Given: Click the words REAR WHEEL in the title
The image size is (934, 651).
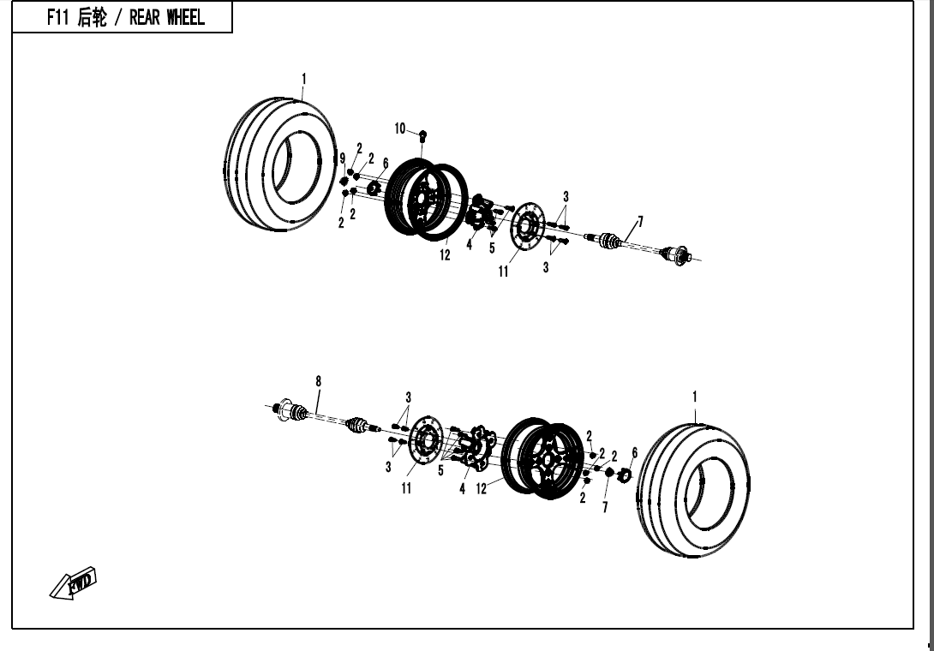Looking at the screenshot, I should pos(167,18).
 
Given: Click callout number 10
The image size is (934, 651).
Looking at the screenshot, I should pos(400,128).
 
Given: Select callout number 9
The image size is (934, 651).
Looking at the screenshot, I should pos(342,158).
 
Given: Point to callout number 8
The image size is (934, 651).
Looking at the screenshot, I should pos(319,381).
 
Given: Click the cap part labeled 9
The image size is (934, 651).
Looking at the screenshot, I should pos(344,181).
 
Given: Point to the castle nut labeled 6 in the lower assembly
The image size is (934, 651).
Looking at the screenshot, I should pos(623,475).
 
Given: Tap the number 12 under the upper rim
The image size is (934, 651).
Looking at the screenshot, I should pos(446,256).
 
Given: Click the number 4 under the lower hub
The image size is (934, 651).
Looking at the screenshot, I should pos(462,489).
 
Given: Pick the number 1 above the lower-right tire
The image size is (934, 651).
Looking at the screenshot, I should pos(695,397).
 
